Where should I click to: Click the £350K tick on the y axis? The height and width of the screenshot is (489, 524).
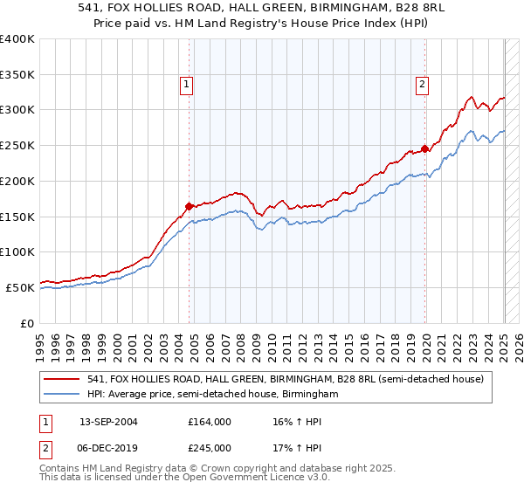[17, 74]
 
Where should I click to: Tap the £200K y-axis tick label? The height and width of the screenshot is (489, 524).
[17, 181]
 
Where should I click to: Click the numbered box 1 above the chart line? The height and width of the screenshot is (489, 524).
[187, 85]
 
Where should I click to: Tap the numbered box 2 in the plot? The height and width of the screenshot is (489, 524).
[422, 85]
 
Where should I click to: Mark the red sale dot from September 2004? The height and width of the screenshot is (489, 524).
[189, 207]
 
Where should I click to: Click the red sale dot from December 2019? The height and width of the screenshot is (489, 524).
[424, 148]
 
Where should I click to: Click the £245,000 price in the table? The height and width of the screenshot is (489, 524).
[210, 447]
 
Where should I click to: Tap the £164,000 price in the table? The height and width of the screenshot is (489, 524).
[210, 421]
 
